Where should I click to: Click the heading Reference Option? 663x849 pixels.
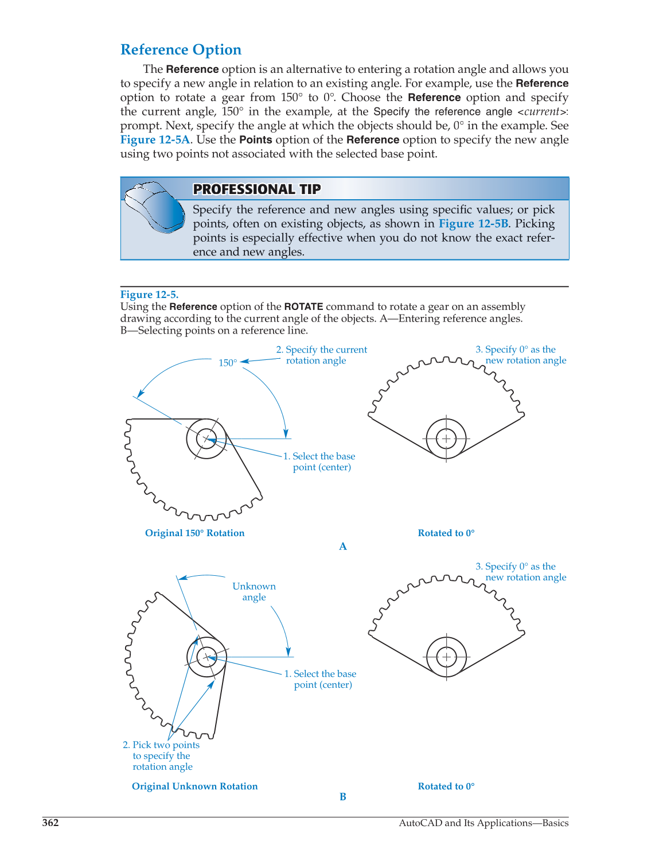(x=181, y=50)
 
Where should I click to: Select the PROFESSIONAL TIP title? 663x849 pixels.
(x=256, y=189)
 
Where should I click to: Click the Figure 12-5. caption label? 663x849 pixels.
(x=149, y=294)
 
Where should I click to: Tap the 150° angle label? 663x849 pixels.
(x=227, y=363)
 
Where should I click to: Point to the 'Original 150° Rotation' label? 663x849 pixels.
(x=194, y=533)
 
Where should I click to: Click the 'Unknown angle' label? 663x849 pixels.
(x=253, y=592)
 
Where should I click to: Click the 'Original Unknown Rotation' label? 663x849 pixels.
(x=194, y=786)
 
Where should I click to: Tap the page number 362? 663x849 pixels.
(x=50, y=823)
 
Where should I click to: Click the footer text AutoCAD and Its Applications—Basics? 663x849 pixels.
(x=483, y=823)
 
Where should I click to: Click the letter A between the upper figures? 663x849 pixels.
(x=343, y=546)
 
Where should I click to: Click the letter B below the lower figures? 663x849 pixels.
(x=343, y=797)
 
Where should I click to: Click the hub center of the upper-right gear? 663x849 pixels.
(x=446, y=439)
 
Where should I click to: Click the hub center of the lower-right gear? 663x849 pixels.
(x=446, y=657)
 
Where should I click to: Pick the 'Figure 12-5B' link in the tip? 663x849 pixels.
(x=473, y=224)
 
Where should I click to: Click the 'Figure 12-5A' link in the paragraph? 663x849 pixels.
(x=155, y=139)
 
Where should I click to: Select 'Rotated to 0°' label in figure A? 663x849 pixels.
(x=446, y=533)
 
